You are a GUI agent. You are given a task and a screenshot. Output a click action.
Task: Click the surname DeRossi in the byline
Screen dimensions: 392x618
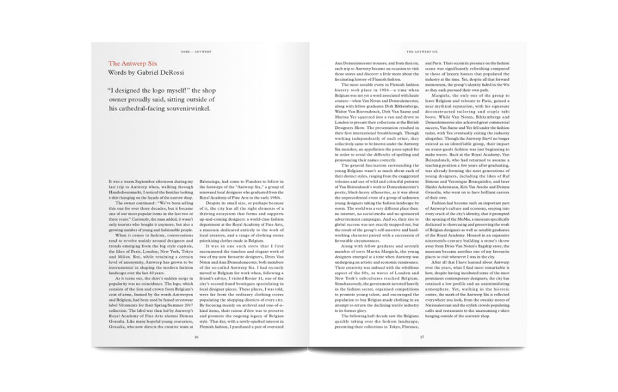click(x=179, y=71)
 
